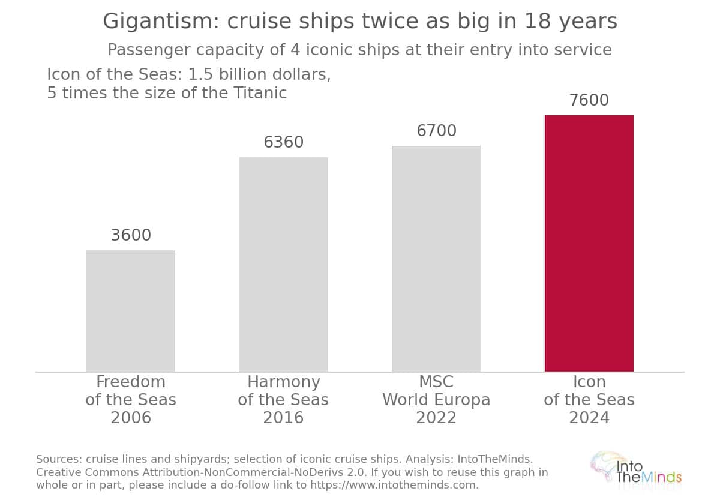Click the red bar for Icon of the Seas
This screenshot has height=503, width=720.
coord(589,244)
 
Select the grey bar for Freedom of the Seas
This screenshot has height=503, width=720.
coord(131,311)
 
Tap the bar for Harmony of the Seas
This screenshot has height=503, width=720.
coord(283,264)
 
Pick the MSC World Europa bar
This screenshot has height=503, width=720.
coord(436,259)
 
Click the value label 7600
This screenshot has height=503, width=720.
coord(589,100)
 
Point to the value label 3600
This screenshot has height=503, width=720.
coord(131,235)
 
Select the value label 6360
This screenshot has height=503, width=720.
coord(283,142)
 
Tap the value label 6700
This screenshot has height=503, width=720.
coord(437,131)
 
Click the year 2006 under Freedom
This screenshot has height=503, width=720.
coord(131,417)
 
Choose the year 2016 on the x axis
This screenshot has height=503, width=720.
coord(283,417)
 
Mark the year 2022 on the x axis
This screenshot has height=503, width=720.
coord(436,417)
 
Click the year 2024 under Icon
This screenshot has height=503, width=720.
coord(589,417)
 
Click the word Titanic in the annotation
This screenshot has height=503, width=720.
coord(260,93)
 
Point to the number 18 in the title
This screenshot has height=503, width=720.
coord(538,21)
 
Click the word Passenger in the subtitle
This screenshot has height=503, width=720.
coord(149,50)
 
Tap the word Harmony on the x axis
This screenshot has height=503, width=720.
coord(283,382)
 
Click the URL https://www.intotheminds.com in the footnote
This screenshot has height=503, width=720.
coord(392,484)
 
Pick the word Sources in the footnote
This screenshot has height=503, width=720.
coord(59,459)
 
